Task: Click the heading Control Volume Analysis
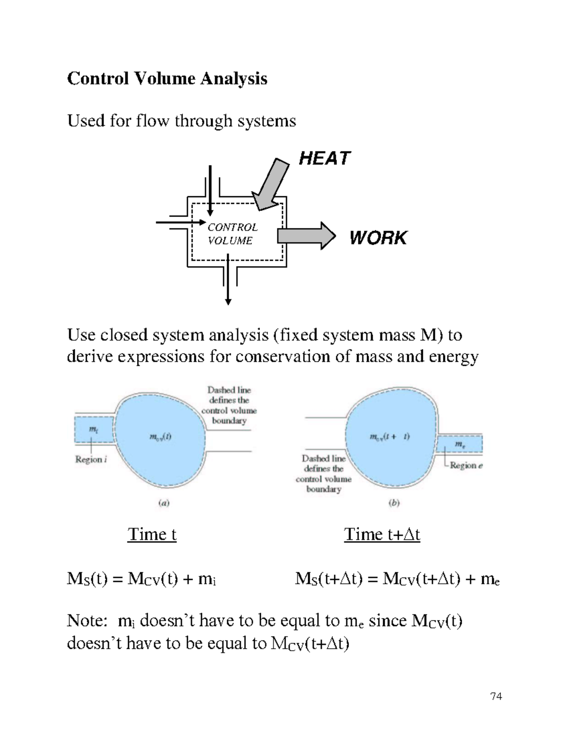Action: point(167,78)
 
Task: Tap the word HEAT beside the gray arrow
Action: point(324,158)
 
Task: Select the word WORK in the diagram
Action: point(378,237)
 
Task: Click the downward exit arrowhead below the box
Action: point(228,301)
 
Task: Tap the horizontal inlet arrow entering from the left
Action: point(180,222)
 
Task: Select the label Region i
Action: point(91,459)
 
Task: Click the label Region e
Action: point(466,465)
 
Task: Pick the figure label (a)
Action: point(164,503)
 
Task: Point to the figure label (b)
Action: point(394,503)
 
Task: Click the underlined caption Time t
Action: point(152,534)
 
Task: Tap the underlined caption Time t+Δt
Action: point(382,534)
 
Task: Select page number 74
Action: point(496,696)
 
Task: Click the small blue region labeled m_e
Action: point(459,445)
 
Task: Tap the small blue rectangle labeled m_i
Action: point(94,429)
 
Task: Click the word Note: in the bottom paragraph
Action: point(87,620)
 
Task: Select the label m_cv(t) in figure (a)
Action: point(161,437)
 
